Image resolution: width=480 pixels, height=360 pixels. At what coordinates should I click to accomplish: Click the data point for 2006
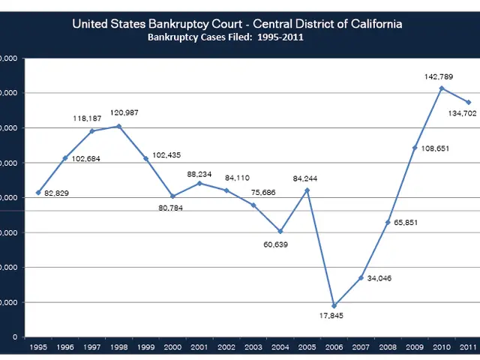(334, 306)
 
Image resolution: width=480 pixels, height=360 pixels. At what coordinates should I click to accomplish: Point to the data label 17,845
(331, 317)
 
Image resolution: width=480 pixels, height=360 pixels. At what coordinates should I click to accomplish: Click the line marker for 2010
(442, 88)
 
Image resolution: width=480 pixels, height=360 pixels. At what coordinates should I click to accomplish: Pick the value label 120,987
(123, 112)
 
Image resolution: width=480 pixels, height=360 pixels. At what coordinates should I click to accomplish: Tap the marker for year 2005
(307, 190)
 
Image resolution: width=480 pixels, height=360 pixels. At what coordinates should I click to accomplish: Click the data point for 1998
(118, 126)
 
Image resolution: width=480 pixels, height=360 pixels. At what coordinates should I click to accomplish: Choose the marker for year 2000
(172, 196)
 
